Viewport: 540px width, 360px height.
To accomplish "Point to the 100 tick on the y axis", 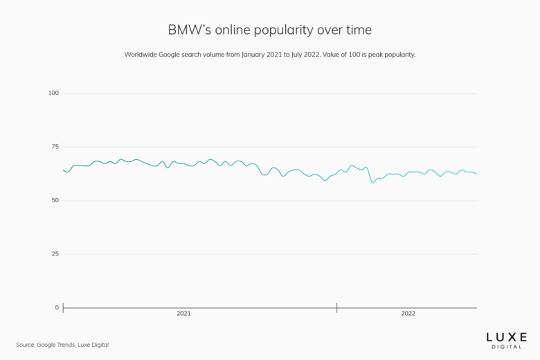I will coord(53,93).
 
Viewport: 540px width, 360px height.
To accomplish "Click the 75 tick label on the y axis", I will coord(55,147).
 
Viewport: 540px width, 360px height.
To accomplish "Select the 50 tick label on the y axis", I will coord(55,200).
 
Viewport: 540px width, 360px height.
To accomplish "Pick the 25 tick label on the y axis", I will coord(55,254).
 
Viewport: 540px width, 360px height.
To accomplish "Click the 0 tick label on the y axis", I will coord(57,307).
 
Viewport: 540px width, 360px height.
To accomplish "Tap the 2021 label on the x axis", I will coord(183,314).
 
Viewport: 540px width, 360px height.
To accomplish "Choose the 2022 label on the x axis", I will coord(408,314).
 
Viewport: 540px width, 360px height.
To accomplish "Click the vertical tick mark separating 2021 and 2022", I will coord(337,307).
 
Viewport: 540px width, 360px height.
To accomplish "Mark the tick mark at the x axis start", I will coord(63,307).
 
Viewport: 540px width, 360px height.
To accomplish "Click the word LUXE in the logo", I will coord(507,336).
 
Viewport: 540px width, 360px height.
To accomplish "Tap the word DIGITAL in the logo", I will coord(507,346).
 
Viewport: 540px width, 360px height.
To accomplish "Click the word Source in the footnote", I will coord(25,345).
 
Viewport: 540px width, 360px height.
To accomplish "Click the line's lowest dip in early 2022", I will coord(373,182).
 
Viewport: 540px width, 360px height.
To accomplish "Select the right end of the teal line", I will coord(476,174).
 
